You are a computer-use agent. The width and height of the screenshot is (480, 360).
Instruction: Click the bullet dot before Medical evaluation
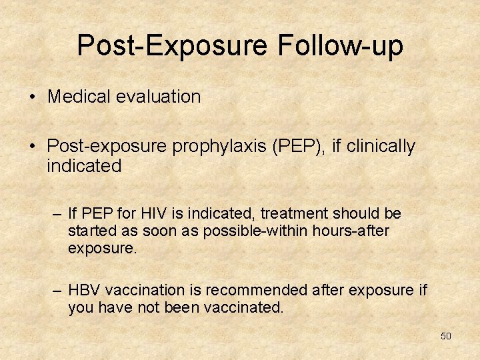pos(32,97)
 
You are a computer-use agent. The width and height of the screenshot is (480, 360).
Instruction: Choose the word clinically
pos(381,146)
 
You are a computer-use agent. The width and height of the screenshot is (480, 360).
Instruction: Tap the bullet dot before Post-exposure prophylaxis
pos(32,147)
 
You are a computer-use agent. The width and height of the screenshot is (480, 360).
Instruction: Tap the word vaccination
pos(144,291)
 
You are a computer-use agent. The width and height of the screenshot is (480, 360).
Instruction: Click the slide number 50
pos(445,336)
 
